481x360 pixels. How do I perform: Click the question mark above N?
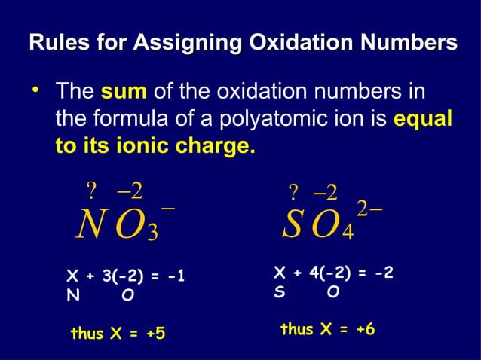[92, 187]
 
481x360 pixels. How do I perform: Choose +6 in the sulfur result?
[362, 329]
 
